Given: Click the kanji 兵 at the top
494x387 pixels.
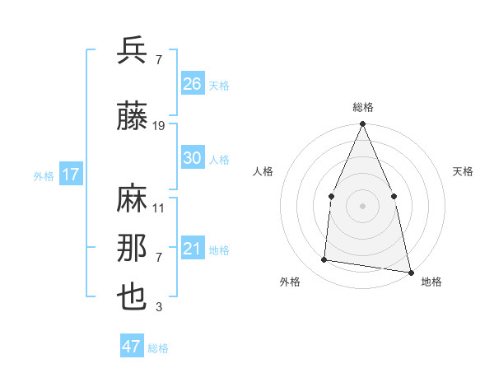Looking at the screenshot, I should (133, 51).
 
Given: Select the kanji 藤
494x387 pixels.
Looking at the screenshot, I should (133, 117).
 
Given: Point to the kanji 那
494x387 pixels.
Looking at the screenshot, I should (133, 249).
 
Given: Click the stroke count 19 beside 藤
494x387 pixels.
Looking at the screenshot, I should (159, 126).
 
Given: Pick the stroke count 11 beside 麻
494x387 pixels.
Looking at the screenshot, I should (159, 208).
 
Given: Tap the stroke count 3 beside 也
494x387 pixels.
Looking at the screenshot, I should (159, 308).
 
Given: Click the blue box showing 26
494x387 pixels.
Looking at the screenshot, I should (193, 84).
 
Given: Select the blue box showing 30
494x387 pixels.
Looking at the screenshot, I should (193, 158).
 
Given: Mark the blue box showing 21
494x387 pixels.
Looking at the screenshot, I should (193, 249).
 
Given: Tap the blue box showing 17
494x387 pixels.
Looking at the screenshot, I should (70, 175).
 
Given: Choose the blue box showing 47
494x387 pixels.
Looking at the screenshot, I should (132, 347).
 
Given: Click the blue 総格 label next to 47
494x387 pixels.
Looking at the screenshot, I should (159, 348).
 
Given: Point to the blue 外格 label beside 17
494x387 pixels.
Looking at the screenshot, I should (44, 175).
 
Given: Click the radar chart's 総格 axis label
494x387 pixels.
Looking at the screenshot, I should (362, 107).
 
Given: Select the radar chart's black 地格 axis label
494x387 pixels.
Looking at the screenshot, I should (431, 282).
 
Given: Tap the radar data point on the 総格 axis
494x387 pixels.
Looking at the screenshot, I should (362, 124).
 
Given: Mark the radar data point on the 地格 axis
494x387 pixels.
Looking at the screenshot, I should (410, 272).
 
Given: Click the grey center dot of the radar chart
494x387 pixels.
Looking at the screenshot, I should (362, 206).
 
